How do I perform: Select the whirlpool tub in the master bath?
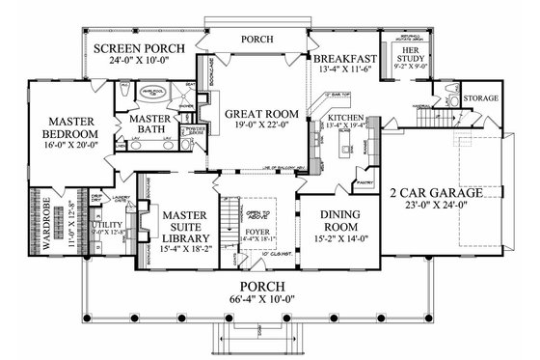(x=151, y=95)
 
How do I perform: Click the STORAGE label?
(x=479, y=98)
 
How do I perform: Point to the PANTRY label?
(x=364, y=180)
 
